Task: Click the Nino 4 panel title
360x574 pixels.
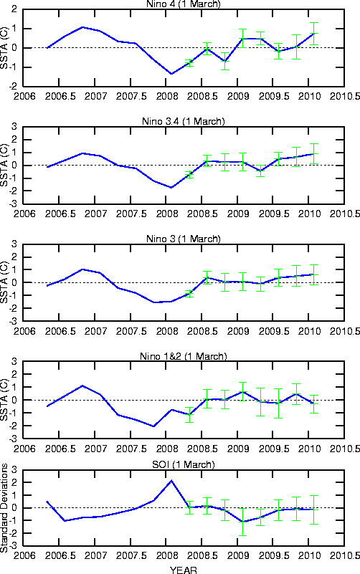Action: point(183,4)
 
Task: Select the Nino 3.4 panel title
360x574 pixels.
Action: point(183,121)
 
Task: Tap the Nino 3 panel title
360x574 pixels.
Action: point(183,239)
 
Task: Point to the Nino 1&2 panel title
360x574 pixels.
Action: point(183,356)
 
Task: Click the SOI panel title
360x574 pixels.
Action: point(183,464)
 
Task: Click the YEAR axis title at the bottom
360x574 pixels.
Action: point(183,570)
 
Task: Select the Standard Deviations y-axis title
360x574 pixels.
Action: point(4,508)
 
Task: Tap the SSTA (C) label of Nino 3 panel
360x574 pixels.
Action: point(4,282)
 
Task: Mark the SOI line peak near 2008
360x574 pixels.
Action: point(171,481)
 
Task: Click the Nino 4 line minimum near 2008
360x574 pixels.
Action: point(171,74)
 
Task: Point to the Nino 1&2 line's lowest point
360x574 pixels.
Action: point(153,426)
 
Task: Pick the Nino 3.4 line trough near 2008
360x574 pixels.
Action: point(171,188)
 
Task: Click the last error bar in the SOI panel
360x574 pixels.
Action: point(314,510)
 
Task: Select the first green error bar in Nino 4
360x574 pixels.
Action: point(189,63)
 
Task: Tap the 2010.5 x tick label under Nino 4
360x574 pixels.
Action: point(345,96)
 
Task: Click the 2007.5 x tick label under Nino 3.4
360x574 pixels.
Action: point(131,214)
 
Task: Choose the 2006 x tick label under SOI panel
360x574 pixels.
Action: point(24,555)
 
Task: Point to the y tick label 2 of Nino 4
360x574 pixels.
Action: point(14,9)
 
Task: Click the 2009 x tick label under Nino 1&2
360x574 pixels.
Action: point(238,449)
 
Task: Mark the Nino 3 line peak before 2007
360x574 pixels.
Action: point(82,269)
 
